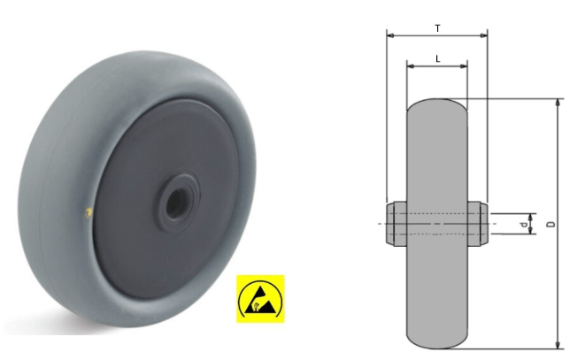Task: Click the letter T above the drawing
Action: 437,28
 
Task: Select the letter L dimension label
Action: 437,57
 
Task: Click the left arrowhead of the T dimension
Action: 390,36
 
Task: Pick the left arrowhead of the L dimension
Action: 410,66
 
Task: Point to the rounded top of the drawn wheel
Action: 436,102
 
